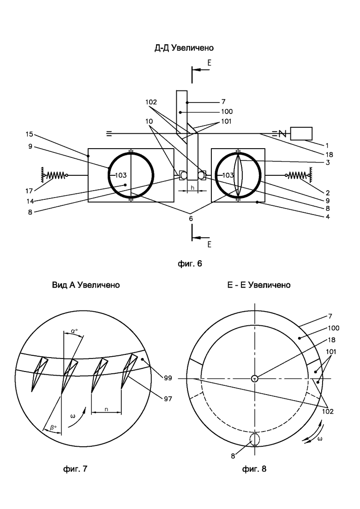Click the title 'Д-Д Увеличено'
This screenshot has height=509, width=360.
184,48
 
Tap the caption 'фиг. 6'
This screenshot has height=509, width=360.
190,263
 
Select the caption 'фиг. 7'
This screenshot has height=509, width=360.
75,469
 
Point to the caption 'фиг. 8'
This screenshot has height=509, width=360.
254,469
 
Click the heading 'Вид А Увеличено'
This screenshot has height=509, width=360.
86,285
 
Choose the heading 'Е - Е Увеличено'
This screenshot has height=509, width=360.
259,285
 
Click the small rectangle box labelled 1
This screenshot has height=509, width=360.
301,134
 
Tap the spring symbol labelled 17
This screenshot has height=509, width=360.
55,175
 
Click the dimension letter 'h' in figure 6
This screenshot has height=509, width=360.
192,188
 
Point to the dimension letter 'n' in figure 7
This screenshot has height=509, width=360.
107,409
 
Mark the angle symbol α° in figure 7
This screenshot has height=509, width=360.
74,331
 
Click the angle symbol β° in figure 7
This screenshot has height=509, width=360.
53,428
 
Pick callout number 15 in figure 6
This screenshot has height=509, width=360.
30,134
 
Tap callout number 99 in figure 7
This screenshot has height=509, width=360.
168,378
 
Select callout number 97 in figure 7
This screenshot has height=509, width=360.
168,399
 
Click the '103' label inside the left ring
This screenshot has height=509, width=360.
121,175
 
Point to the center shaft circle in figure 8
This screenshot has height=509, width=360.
255,378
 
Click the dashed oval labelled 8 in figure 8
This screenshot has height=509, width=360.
255,439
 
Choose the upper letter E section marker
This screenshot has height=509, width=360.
210,63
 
